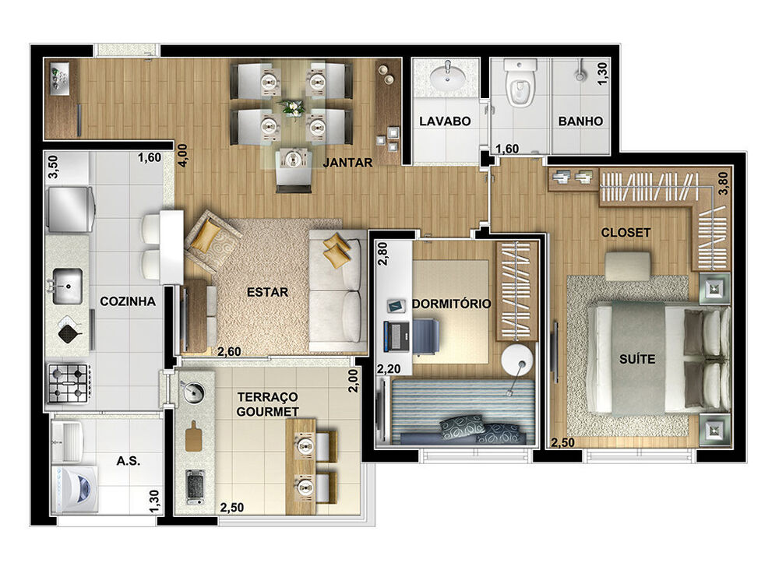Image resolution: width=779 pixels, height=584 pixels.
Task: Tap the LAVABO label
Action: (x=445, y=121)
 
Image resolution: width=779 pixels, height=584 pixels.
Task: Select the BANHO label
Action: (x=580, y=121)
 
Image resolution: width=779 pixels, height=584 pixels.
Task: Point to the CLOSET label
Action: (x=626, y=232)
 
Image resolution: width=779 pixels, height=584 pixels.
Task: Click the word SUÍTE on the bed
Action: (x=637, y=359)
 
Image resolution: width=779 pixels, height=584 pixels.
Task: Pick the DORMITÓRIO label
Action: (x=452, y=304)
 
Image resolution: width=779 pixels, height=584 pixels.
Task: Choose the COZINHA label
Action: (x=128, y=301)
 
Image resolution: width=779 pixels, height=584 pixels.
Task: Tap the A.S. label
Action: (x=128, y=459)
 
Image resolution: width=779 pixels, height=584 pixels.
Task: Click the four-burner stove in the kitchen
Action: (x=68, y=382)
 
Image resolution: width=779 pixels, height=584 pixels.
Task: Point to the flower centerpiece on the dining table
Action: (x=292, y=107)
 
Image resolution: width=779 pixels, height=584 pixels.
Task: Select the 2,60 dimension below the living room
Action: (x=228, y=351)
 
